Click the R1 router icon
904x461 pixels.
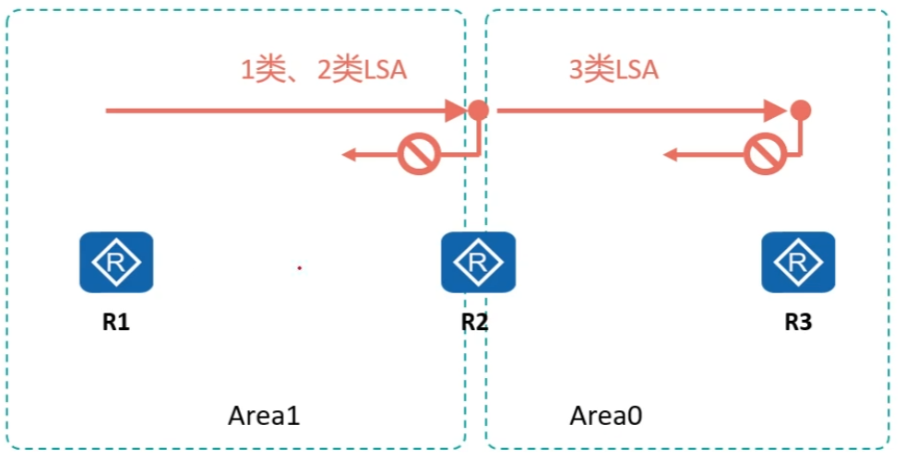click(116, 262)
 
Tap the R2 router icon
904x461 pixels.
click(478, 262)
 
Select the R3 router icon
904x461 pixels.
click(798, 262)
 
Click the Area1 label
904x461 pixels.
click(264, 416)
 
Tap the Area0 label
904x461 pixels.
click(605, 416)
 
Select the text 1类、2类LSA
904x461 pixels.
click(323, 71)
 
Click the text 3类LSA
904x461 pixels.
click(613, 71)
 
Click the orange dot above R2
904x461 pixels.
click(478, 111)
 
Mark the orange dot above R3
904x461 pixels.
click(802, 111)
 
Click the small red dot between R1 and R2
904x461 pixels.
click(299, 268)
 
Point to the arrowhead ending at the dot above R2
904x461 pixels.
click(458, 111)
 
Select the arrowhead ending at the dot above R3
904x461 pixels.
click(780, 111)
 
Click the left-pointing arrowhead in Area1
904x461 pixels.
click(351, 155)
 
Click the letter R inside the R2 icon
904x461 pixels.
click(478, 262)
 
